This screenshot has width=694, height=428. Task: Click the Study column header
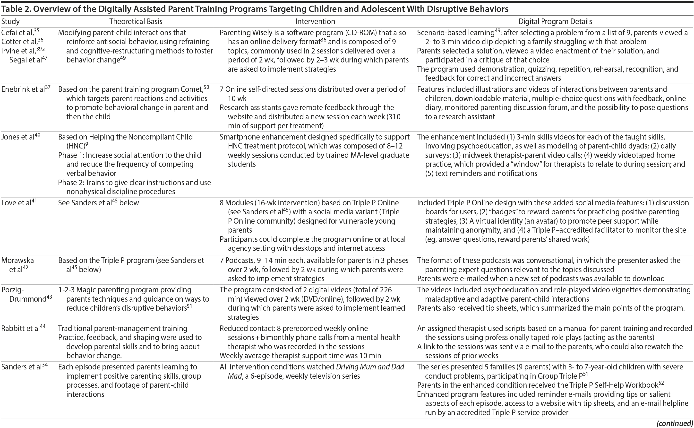[x=10, y=22]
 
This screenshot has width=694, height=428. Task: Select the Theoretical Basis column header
[x=136, y=22]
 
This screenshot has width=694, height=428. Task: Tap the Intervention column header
[x=315, y=22]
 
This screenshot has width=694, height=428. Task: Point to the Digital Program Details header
[x=555, y=22]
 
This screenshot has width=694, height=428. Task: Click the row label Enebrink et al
[x=23, y=89]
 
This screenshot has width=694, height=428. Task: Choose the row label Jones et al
[x=18, y=137]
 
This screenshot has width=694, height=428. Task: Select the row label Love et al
[x=17, y=203]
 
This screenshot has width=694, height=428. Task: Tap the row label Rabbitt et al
[x=21, y=329]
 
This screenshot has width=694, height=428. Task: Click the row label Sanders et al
[x=22, y=367]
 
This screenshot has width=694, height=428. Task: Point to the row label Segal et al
[x=26, y=60]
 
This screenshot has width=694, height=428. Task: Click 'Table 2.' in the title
[x=16, y=9]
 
